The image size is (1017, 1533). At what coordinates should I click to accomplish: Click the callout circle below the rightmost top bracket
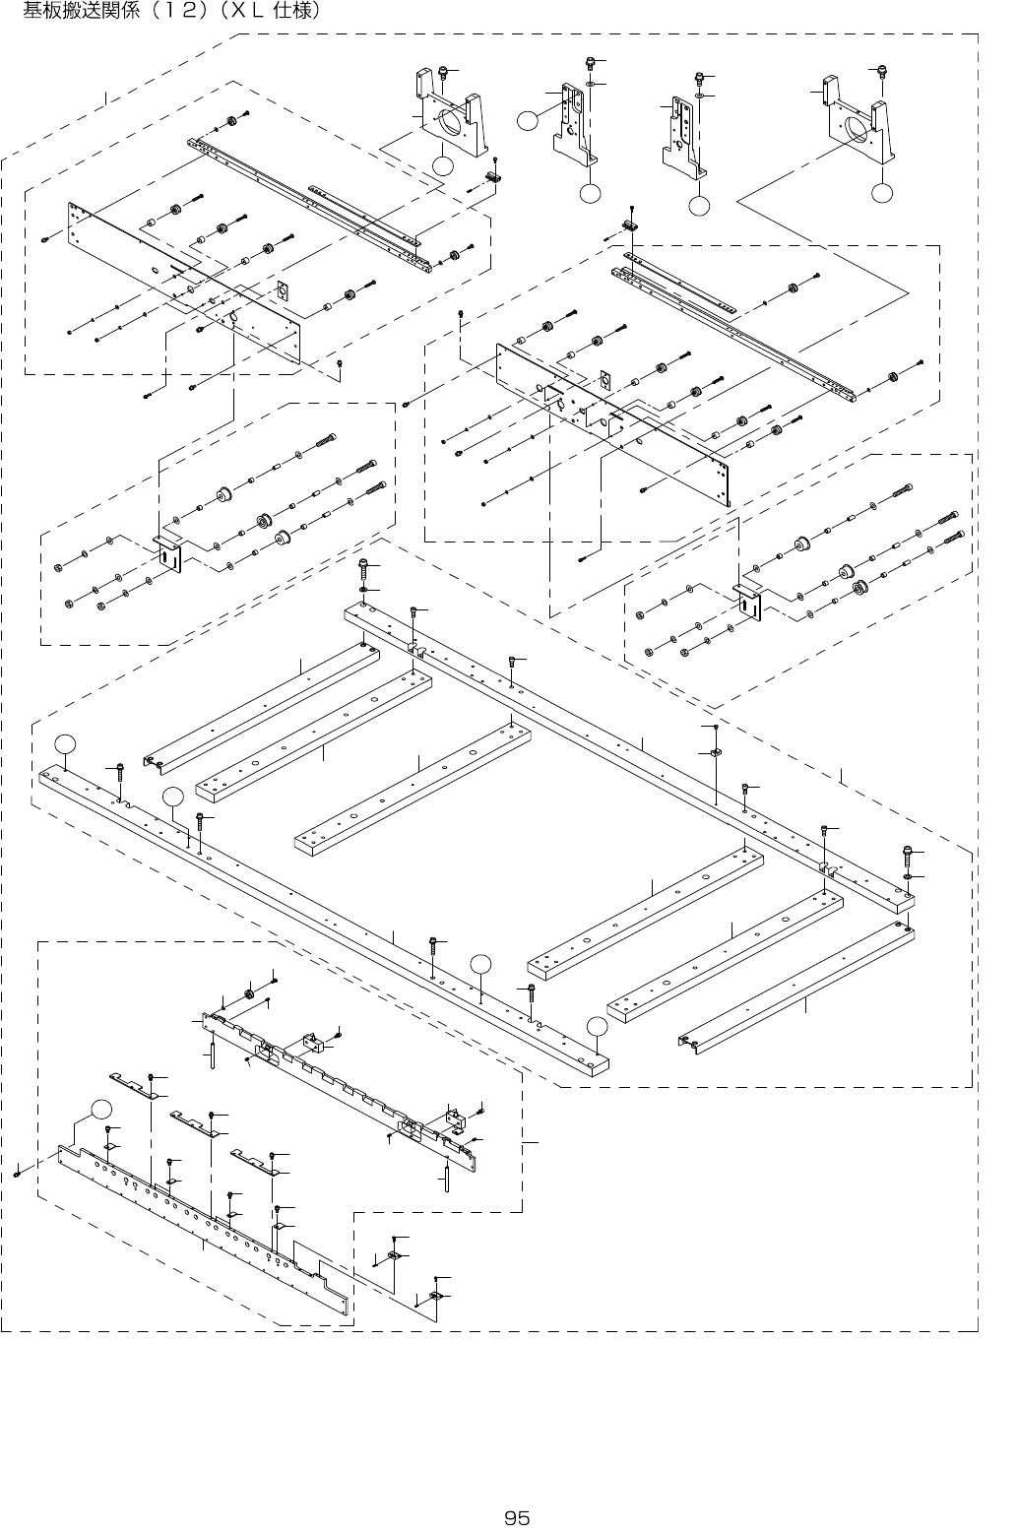883,192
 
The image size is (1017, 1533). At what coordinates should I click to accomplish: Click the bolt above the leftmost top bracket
444,72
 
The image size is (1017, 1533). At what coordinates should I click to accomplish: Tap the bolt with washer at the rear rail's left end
364,569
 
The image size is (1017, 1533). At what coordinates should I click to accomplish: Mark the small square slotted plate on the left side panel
283,291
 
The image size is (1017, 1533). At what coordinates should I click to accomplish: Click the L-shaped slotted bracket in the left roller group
168,554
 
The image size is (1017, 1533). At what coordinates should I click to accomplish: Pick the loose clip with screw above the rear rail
715,753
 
